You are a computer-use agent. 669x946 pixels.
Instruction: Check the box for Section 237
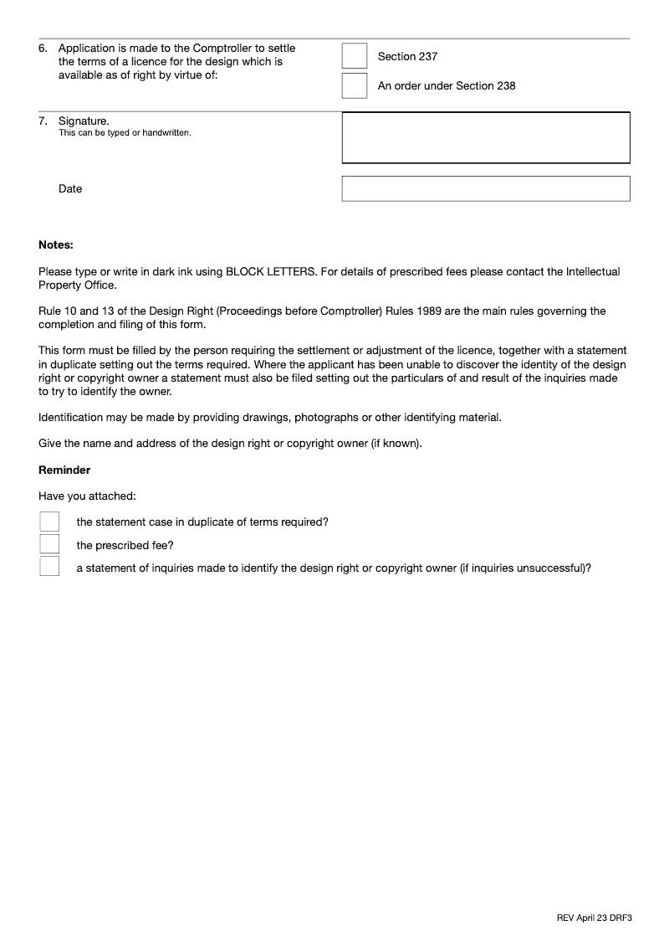click(355, 56)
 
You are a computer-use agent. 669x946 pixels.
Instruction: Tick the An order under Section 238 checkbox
click(355, 85)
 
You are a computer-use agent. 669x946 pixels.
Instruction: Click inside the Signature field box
click(486, 137)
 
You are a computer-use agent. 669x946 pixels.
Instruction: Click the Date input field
click(486, 188)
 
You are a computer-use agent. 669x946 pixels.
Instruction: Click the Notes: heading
click(56, 245)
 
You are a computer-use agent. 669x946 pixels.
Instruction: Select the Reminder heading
click(64, 470)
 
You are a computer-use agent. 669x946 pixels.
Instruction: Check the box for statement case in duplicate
click(49, 522)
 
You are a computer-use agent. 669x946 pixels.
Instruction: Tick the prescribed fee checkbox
click(49, 545)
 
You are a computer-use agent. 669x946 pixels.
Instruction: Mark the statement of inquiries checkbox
click(49, 567)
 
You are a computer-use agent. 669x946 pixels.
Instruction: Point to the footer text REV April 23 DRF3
click(594, 918)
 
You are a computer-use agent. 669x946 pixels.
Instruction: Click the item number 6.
click(43, 49)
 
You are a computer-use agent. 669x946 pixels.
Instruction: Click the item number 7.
click(43, 121)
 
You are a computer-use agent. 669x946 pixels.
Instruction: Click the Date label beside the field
click(70, 189)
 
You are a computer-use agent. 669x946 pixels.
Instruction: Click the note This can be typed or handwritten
click(125, 133)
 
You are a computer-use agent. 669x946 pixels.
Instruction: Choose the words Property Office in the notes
click(77, 285)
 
